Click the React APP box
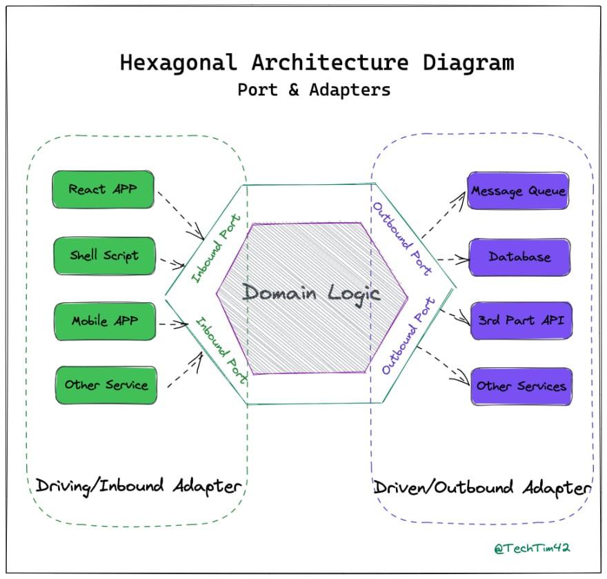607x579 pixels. pyautogui.click(x=103, y=189)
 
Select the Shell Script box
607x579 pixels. pyautogui.click(x=104, y=255)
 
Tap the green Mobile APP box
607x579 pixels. pyautogui.click(x=105, y=321)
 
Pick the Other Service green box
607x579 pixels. pyautogui.click(x=106, y=385)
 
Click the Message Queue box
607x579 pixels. pyautogui.click(x=519, y=190)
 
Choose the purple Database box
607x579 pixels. pyautogui.click(x=520, y=257)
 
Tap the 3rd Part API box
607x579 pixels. pyautogui.click(x=521, y=320)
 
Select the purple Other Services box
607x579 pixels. pyautogui.click(x=521, y=386)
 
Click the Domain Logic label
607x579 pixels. pyautogui.click(x=312, y=293)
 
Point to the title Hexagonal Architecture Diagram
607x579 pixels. pyautogui.click(x=317, y=63)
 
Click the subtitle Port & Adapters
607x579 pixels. pyautogui.click(x=314, y=90)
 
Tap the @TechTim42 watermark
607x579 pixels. pyautogui.click(x=532, y=549)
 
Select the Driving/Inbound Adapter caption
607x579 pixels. pyautogui.click(x=139, y=486)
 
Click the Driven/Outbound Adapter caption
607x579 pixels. pyautogui.click(x=482, y=488)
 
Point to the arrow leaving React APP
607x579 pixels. pyautogui.click(x=181, y=211)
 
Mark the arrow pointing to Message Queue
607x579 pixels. pyautogui.click(x=443, y=215)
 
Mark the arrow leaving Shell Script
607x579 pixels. pyautogui.click(x=172, y=263)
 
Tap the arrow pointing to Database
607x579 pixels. pyautogui.click(x=452, y=260)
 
